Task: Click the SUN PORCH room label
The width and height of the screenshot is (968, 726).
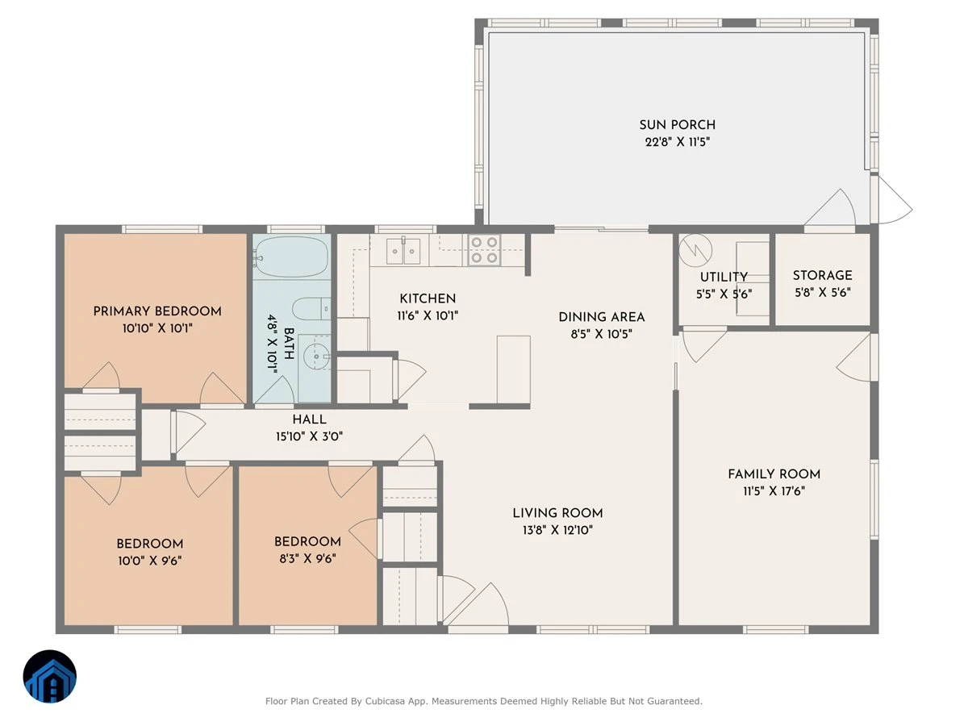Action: [x=677, y=125]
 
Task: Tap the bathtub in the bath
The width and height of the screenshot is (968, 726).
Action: [x=291, y=257]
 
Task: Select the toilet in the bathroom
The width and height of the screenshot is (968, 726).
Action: [x=311, y=308]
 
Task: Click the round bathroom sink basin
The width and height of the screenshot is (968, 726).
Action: [x=316, y=357]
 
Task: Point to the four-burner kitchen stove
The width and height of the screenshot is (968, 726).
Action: [x=484, y=250]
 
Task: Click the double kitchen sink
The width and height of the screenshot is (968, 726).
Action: [x=403, y=251]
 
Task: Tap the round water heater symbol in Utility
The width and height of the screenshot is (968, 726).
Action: [x=695, y=250]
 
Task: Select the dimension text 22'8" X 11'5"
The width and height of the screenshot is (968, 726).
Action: [x=678, y=142]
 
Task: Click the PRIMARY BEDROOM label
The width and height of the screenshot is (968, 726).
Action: [x=157, y=311]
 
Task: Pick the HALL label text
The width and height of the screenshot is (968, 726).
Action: [x=309, y=419]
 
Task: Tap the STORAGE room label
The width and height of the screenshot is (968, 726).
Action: [x=822, y=276]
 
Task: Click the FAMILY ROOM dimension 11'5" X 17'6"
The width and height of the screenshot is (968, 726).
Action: [x=774, y=491]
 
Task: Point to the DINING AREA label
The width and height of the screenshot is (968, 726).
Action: [x=602, y=317]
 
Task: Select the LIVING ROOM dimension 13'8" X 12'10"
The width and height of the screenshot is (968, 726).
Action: [x=557, y=530]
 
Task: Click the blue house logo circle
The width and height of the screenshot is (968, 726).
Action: [x=50, y=676]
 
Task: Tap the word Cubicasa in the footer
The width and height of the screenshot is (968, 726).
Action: [x=385, y=701]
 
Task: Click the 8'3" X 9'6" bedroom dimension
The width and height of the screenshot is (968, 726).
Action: [x=307, y=558]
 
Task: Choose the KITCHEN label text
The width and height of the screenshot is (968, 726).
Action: [x=428, y=298]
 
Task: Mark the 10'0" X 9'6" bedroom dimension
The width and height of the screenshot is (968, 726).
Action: [x=149, y=561]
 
